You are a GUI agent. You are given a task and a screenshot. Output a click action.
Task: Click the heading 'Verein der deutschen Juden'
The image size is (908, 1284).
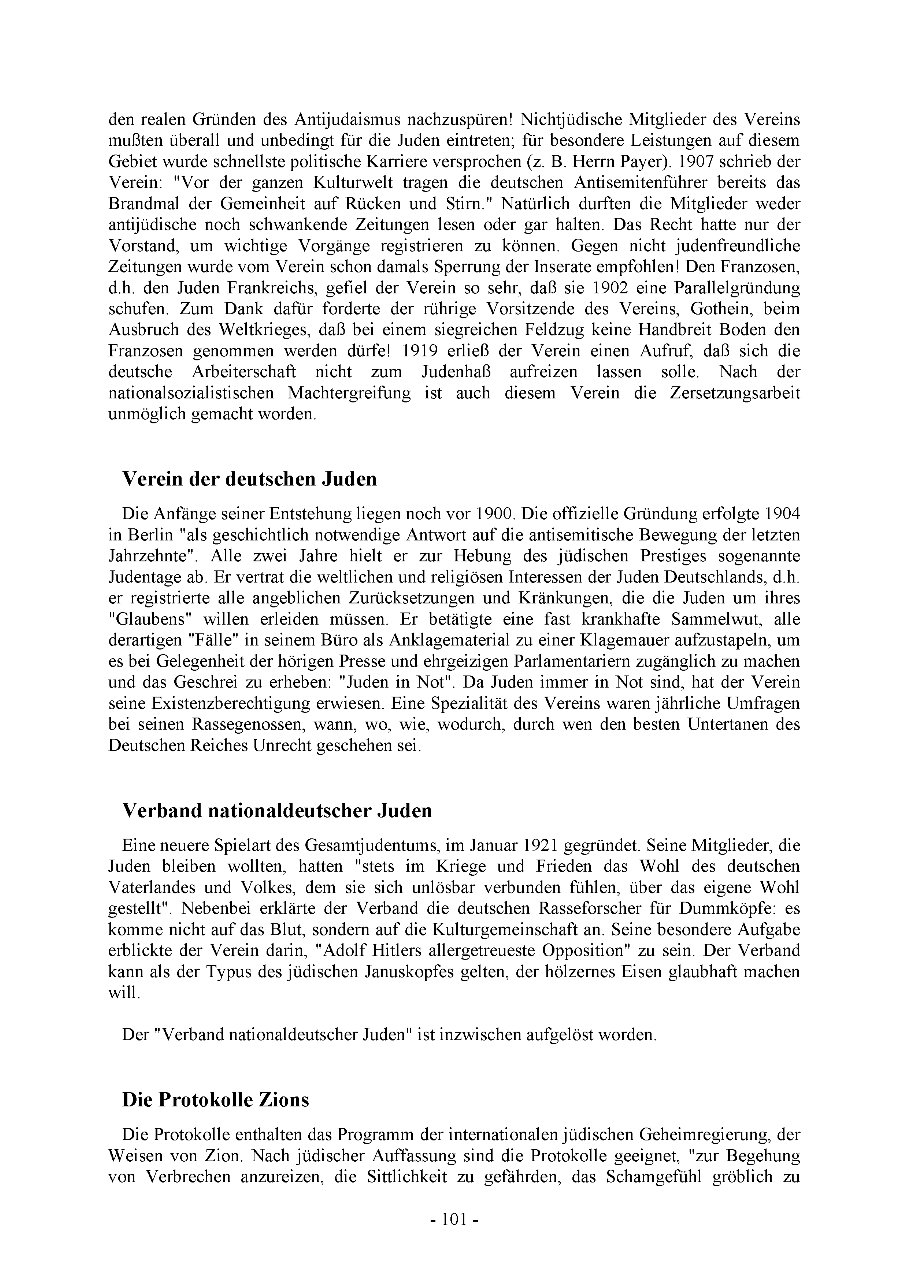(x=249, y=479)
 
